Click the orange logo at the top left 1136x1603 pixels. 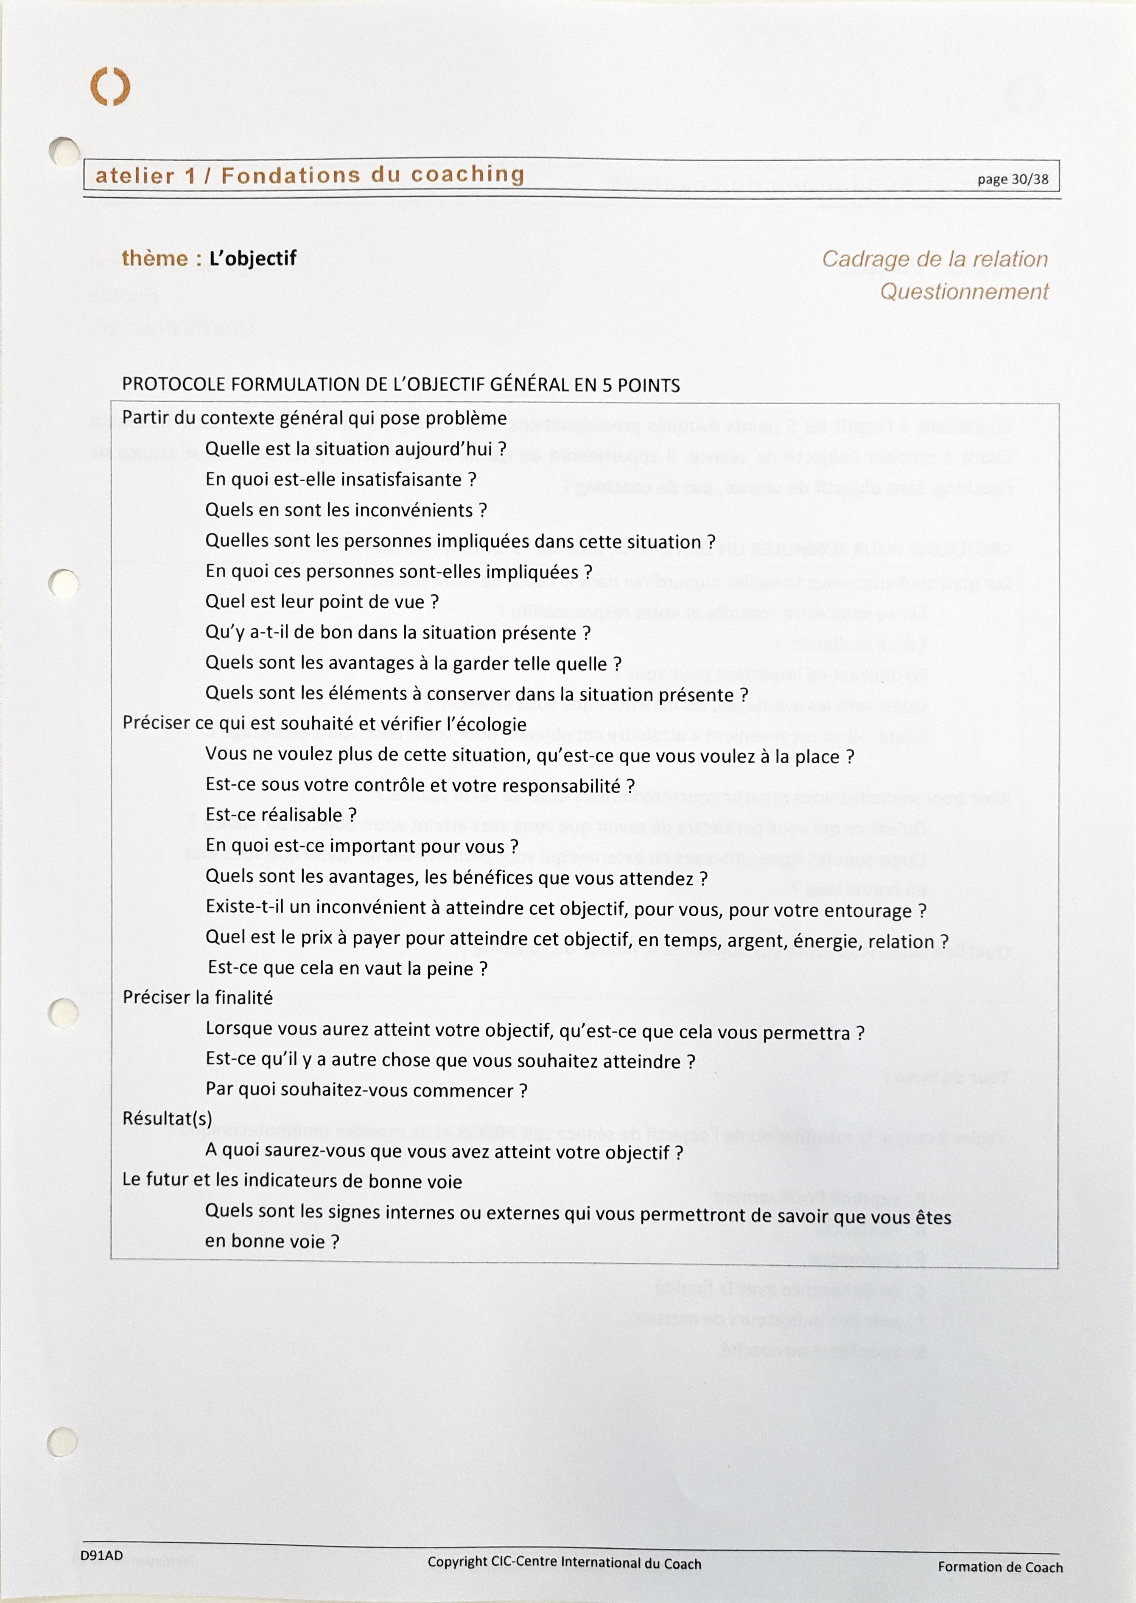111,87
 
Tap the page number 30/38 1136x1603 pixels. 1013,179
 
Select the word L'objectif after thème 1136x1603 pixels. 252,259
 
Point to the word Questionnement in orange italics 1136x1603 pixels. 964,292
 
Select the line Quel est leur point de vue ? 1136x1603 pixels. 322,602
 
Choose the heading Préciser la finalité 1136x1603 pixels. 197,998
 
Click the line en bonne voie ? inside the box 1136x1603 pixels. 271,1242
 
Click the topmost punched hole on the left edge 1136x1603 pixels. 64,151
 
